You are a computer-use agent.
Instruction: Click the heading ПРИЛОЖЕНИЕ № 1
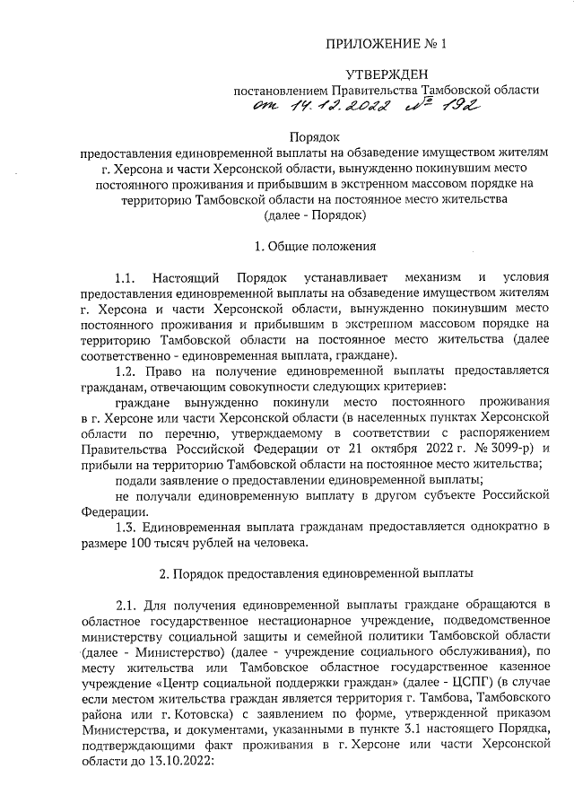[x=387, y=43]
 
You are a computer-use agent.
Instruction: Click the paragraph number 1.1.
[x=128, y=277]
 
